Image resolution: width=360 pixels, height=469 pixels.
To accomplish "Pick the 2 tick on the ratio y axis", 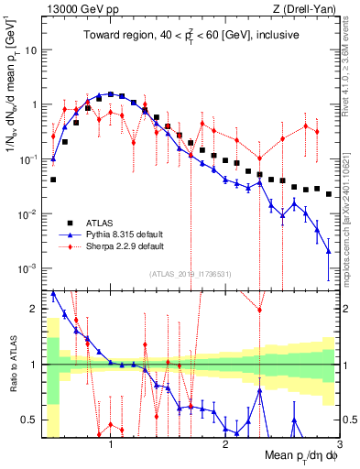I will [37, 309].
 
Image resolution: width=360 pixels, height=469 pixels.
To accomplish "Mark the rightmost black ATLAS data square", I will [328, 194].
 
